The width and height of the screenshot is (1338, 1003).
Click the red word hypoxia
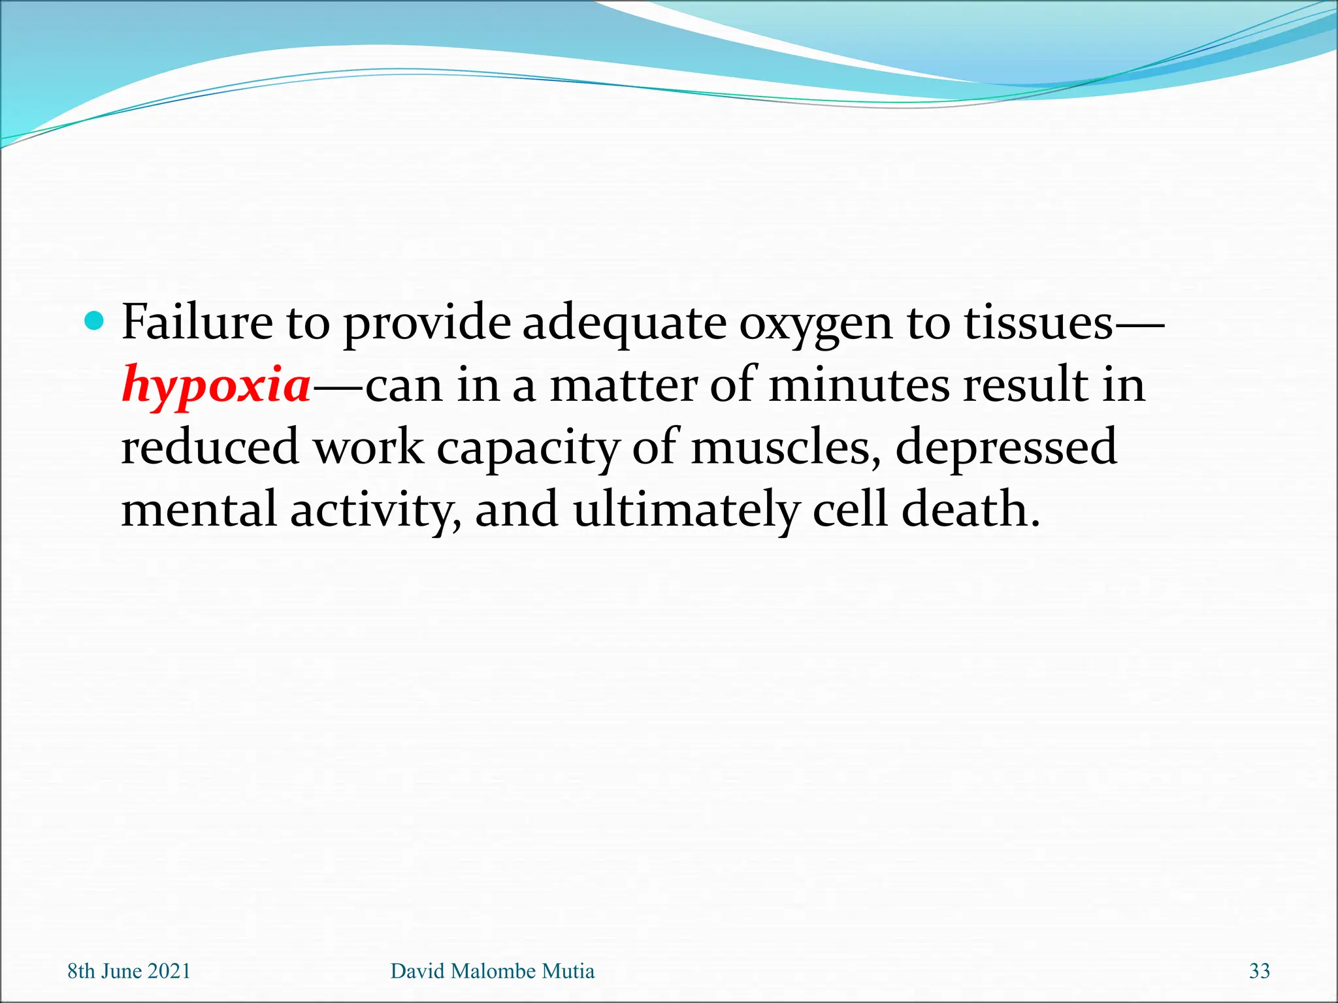coord(216,385)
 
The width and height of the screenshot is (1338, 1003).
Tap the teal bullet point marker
coord(95,321)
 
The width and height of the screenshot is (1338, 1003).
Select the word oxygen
coord(815,325)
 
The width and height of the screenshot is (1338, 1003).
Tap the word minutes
coord(858,385)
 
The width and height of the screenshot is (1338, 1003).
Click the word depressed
coord(1005,447)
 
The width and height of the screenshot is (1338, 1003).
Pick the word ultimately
coord(685,510)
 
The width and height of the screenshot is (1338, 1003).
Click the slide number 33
coord(1259,971)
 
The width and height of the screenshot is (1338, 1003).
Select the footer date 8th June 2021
coord(129,971)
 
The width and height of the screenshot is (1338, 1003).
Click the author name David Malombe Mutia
coord(492,971)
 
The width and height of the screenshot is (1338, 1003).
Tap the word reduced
coord(210,447)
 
